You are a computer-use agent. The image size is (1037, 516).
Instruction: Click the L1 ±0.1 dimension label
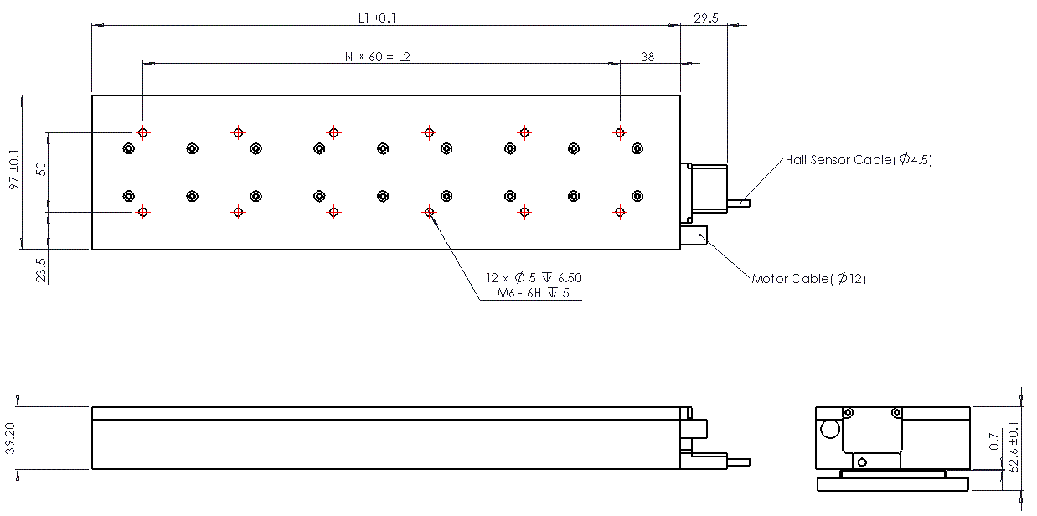click(x=377, y=18)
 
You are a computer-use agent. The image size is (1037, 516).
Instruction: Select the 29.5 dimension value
click(x=706, y=18)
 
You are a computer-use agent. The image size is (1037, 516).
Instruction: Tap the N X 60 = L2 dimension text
click(x=377, y=56)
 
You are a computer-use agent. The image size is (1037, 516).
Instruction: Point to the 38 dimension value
click(x=647, y=56)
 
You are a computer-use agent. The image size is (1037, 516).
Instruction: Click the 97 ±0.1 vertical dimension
click(x=15, y=169)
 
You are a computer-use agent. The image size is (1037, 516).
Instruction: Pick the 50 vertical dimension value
click(x=41, y=169)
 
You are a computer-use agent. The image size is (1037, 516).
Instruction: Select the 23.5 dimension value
click(x=41, y=271)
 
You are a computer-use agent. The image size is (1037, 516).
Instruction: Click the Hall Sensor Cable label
click(x=859, y=160)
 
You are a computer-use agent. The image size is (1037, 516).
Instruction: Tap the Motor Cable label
click(x=809, y=279)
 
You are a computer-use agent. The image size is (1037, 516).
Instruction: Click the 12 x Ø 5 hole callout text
click(x=534, y=277)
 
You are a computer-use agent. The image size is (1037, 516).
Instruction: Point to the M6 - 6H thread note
click(x=533, y=293)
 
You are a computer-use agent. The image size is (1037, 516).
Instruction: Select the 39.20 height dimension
click(x=10, y=438)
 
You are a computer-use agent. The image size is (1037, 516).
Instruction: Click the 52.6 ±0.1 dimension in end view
click(x=1013, y=447)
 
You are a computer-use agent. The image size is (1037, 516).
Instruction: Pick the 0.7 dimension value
click(x=994, y=441)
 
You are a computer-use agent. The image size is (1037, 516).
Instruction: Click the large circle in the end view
click(x=830, y=429)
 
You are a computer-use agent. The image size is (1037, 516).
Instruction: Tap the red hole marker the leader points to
click(x=429, y=213)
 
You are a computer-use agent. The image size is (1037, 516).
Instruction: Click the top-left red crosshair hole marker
click(x=143, y=133)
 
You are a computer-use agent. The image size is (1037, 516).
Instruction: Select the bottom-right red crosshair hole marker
click(x=620, y=213)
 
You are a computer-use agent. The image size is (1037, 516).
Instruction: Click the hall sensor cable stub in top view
click(x=739, y=204)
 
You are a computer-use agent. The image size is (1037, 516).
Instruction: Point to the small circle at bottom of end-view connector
click(x=862, y=462)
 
